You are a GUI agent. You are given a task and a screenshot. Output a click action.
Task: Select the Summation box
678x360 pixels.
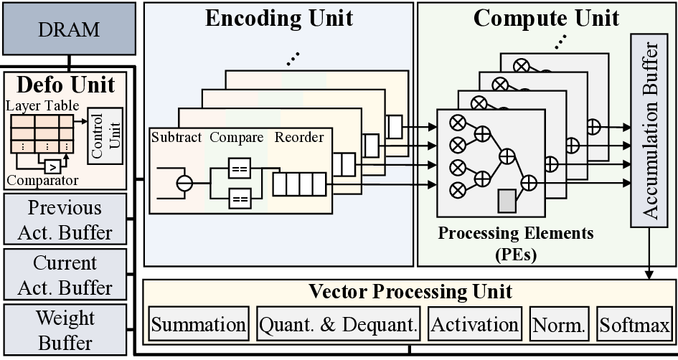click(199, 326)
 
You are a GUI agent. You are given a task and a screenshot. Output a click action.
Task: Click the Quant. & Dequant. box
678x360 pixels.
click(338, 326)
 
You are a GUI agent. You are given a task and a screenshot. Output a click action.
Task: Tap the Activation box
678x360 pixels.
click(474, 326)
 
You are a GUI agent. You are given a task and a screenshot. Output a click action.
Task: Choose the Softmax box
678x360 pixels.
click(634, 326)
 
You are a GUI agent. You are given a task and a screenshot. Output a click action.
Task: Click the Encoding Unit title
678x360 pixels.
click(279, 18)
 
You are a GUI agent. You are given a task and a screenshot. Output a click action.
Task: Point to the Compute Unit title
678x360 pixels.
click(546, 18)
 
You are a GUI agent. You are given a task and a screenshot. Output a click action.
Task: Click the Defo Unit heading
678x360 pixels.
click(65, 85)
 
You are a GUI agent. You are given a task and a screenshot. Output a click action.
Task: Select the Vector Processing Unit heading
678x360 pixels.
click(410, 292)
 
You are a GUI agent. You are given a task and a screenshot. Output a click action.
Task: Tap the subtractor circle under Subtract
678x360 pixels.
click(185, 184)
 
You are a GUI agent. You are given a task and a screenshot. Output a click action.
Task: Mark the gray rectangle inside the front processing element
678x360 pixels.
click(507, 200)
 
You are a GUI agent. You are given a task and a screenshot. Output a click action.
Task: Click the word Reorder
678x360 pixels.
click(299, 137)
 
